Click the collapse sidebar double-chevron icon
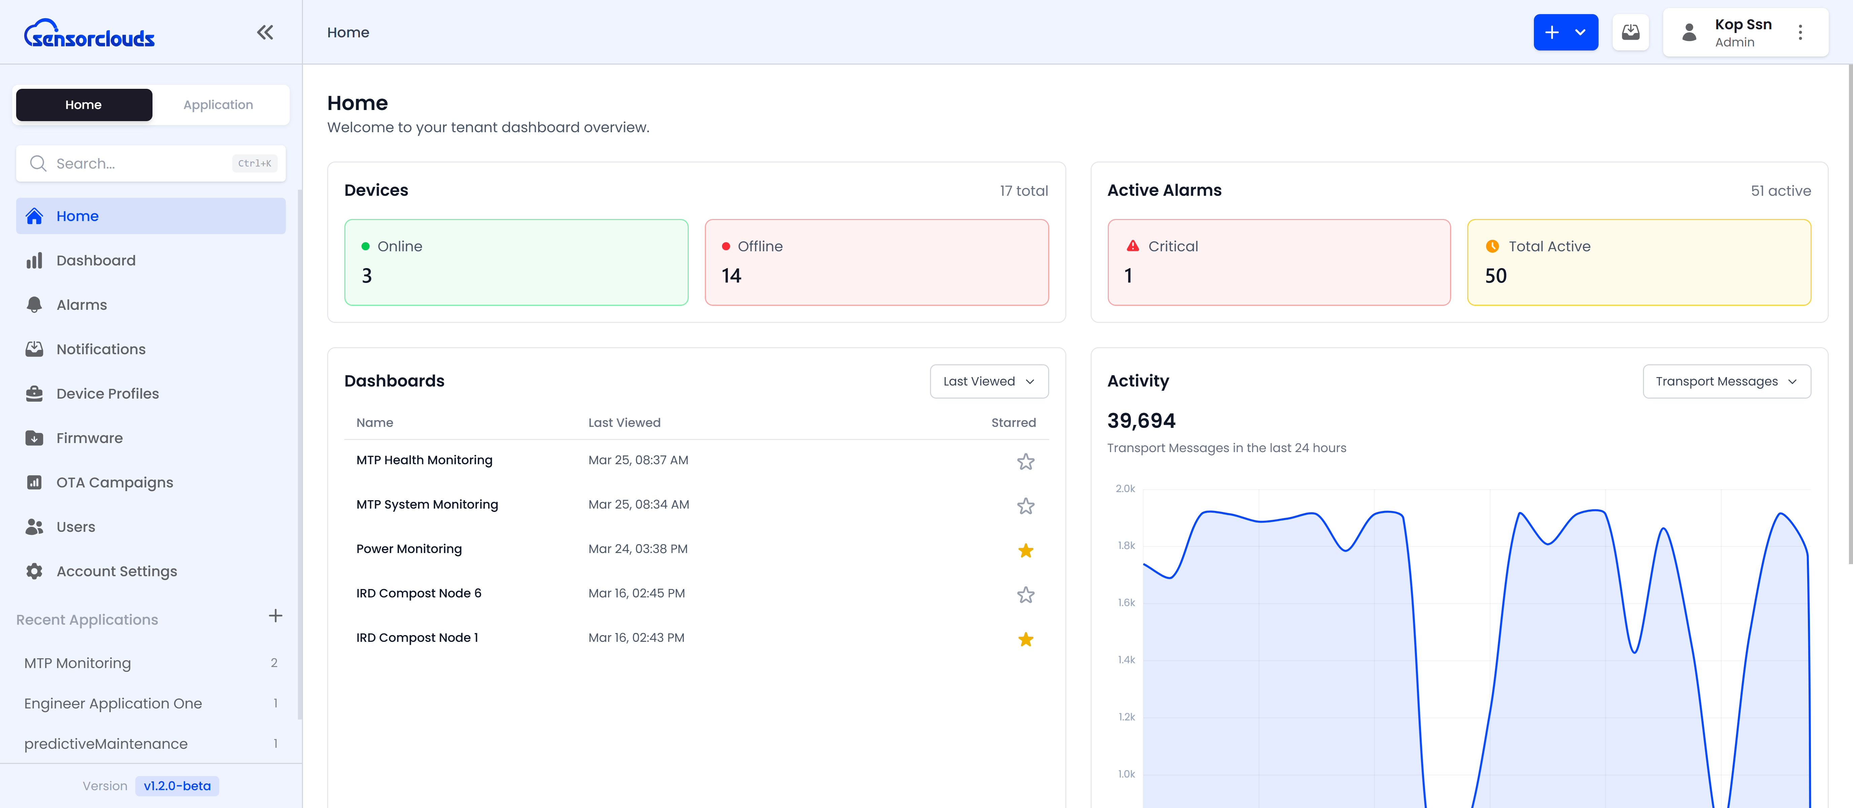[x=265, y=32]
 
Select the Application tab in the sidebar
[x=218, y=105]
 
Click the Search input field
[x=137, y=164]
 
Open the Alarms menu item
[x=81, y=305]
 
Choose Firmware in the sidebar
[x=89, y=438]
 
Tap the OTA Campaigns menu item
[x=114, y=482]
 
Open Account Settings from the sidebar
[x=116, y=572]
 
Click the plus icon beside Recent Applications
[x=275, y=616]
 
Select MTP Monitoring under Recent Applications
[x=78, y=663]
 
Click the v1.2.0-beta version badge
[x=177, y=786]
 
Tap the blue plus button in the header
[x=1552, y=32]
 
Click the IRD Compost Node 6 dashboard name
[x=419, y=593]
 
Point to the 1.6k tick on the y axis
[x=1126, y=602]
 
